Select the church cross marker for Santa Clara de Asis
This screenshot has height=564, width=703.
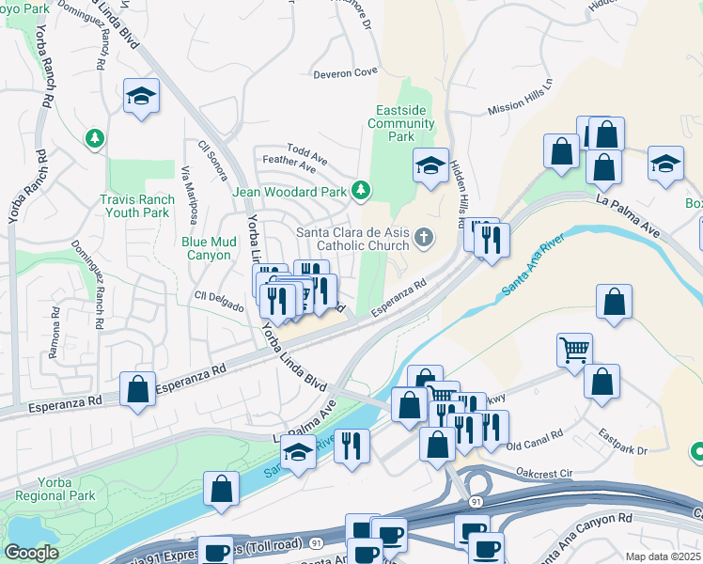pos(424,236)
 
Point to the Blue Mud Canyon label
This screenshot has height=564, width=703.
pos(206,248)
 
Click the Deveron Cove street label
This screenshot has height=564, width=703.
pos(346,71)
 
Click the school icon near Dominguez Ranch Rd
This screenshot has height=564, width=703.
pos(141,95)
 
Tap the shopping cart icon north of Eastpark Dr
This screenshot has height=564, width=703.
pos(574,350)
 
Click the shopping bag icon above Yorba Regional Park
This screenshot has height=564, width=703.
pos(222,488)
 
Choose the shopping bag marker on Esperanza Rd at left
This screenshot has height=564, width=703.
pos(138,388)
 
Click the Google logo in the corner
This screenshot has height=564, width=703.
pos(32,553)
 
